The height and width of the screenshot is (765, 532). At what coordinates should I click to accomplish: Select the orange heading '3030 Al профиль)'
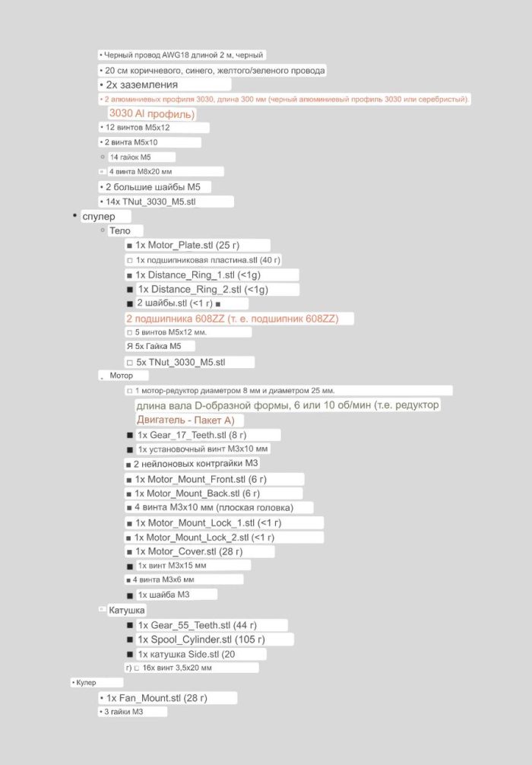click(152, 114)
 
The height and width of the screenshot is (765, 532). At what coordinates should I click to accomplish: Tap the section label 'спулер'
click(99, 217)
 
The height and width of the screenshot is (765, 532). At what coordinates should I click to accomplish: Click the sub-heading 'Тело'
click(119, 230)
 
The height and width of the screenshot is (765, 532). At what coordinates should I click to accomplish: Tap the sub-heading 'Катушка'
click(126, 610)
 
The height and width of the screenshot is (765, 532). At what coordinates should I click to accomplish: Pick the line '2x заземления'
click(142, 84)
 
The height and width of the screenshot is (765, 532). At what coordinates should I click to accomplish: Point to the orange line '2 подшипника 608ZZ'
click(232, 319)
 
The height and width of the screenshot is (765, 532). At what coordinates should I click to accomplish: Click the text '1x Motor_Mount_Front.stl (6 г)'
click(201, 479)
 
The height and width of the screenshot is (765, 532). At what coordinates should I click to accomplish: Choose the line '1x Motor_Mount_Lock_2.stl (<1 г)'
click(204, 537)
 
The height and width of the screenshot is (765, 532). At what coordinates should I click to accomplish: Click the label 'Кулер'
click(86, 683)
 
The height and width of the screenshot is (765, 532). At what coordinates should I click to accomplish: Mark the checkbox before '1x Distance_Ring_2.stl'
click(130, 290)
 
